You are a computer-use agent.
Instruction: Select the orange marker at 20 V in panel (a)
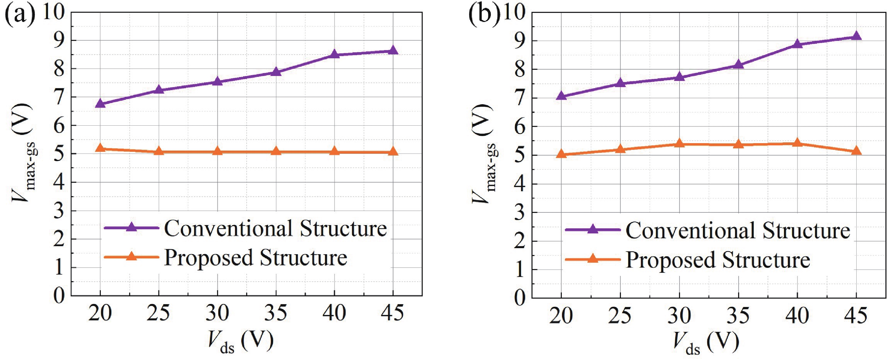point(100,148)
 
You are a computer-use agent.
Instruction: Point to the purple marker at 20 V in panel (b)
point(561,96)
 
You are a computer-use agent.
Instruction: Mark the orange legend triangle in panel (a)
point(131,257)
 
